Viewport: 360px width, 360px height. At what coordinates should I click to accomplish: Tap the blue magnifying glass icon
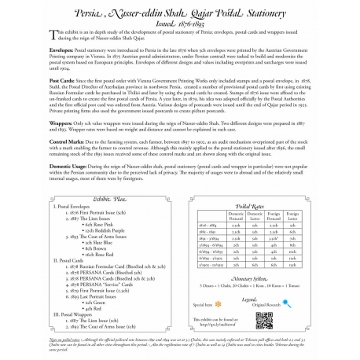257,303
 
